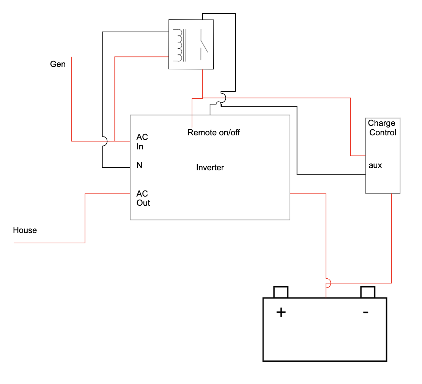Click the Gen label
[58, 64]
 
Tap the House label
[25, 230]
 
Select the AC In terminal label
[142, 141]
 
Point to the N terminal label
[139, 165]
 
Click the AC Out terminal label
[143, 198]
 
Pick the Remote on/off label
[214, 132]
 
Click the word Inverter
[210, 167]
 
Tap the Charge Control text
[382, 128]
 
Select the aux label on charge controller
[375, 165]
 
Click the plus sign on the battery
[281, 312]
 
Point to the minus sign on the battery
[365, 312]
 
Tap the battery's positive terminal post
[281, 292]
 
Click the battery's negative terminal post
[368, 292]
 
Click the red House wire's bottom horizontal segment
[49, 243]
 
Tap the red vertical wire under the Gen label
[72, 99]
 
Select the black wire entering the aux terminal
[331, 175]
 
